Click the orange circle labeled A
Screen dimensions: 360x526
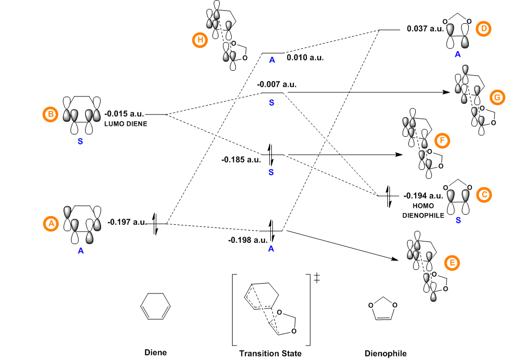[x=51, y=224]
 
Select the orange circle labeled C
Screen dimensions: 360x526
[x=483, y=195]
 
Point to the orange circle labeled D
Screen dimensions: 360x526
[x=483, y=29]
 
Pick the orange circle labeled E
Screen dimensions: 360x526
[x=452, y=263]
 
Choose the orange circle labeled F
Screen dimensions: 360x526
[x=442, y=140]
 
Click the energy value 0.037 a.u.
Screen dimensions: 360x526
[x=425, y=29]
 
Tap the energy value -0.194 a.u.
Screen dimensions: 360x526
[x=423, y=196]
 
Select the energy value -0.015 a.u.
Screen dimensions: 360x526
[x=124, y=113]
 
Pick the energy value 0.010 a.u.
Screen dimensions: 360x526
[x=305, y=58]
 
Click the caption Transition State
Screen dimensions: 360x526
[x=270, y=353]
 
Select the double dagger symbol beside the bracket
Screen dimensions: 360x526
[x=317, y=279]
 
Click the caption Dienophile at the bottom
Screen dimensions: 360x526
[x=385, y=353]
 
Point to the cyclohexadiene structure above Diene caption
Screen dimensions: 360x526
[x=155, y=306]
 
